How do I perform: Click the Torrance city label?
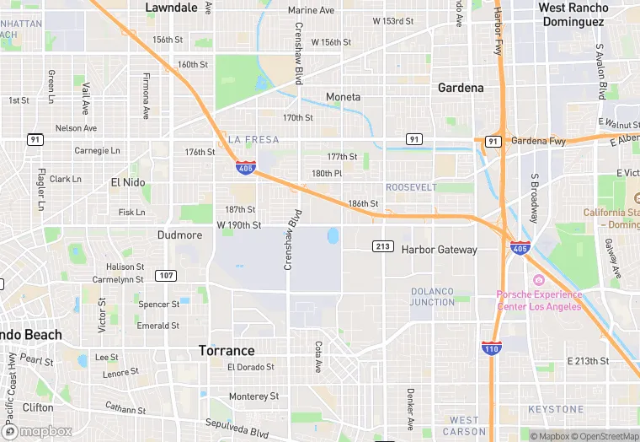click(x=226, y=350)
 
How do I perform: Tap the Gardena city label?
click(x=461, y=88)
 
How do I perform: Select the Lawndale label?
click(x=171, y=8)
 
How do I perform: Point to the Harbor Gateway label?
click(x=439, y=250)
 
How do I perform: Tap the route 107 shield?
click(x=166, y=276)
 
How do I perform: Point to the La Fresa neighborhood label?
click(x=253, y=139)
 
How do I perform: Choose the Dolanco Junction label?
click(x=432, y=296)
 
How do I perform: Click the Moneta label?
click(x=343, y=97)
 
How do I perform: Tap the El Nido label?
click(x=128, y=181)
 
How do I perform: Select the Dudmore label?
click(x=179, y=235)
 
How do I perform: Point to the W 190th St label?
click(x=239, y=225)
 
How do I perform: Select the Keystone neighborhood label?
click(x=555, y=409)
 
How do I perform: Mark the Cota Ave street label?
click(x=317, y=357)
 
